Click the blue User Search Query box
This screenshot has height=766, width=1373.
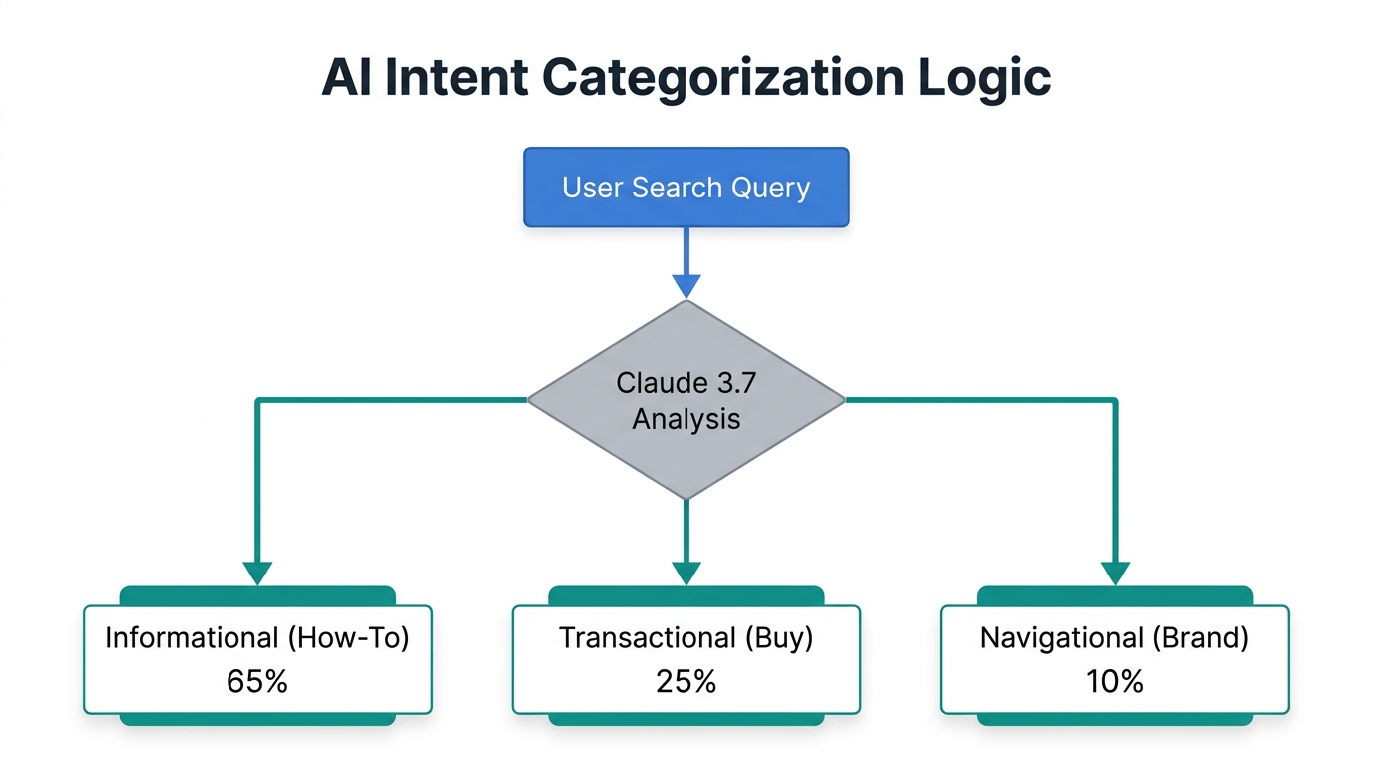click(x=686, y=187)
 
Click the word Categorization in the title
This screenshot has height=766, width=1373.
click(x=748, y=78)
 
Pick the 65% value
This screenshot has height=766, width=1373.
click(x=257, y=681)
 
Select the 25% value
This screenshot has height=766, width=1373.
click(x=686, y=681)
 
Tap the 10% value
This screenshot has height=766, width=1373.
click(x=1115, y=681)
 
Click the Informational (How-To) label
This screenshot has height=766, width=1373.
click(x=257, y=638)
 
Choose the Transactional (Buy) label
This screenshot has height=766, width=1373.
click(x=686, y=638)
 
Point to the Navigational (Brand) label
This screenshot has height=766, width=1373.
click(x=1115, y=638)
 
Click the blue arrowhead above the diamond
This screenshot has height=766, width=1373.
click(x=686, y=286)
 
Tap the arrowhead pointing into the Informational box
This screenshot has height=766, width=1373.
click(x=257, y=574)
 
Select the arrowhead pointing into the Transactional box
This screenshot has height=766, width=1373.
click(x=686, y=574)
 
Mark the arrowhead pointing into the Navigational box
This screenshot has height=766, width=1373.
click(x=1115, y=574)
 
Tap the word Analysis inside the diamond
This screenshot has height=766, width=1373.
click(x=686, y=418)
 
